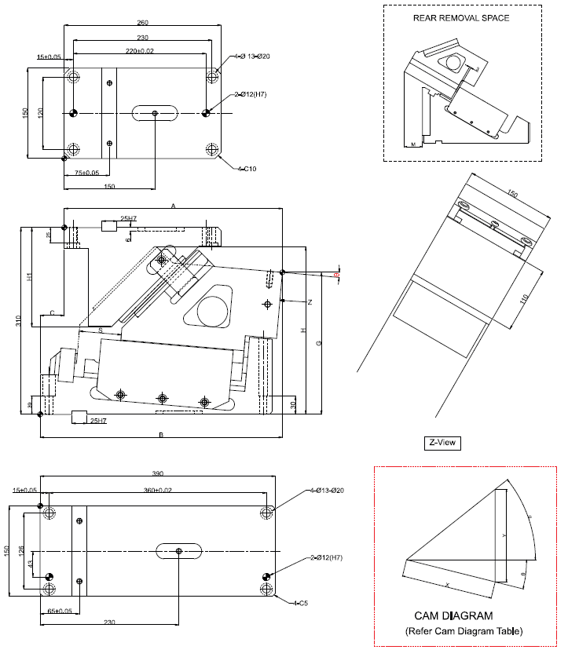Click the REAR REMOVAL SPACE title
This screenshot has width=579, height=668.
[x=461, y=17]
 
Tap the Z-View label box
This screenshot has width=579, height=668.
[x=441, y=443]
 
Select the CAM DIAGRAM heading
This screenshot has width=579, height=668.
[x=453, y=616]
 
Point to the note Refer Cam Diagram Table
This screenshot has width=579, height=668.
[x=464, y=630]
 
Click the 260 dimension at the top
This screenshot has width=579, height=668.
[x=141, y=22]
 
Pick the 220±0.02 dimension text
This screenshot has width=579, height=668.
[x=140, y=51]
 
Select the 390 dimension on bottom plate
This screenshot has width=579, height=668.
[x=157, y=473]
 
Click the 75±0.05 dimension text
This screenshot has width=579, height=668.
[x=86, y=173]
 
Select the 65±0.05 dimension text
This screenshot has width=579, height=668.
[x=60, y=610]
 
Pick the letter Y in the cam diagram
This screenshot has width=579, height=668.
[x=504, y=534]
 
